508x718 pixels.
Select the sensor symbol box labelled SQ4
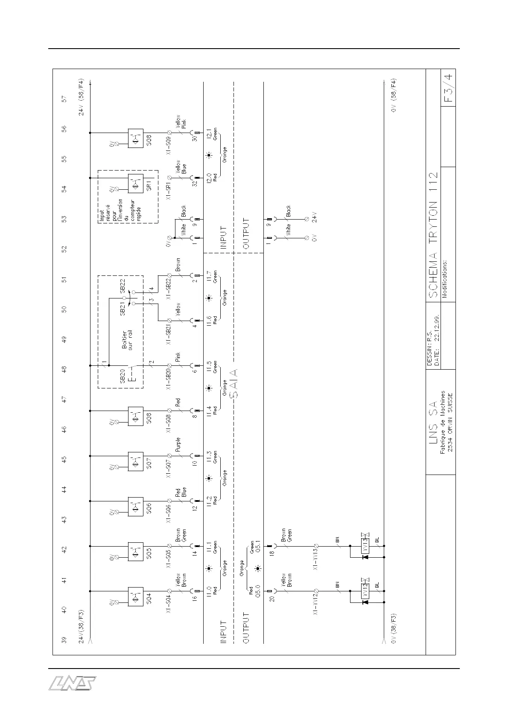(136, 596)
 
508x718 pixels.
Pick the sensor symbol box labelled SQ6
(136, 506)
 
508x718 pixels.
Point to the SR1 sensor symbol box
(136, 184)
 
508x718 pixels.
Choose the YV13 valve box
(365, 546)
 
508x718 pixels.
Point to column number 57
(64, 99)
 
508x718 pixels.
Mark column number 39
(64, 640)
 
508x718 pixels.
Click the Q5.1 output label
(258, 546)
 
